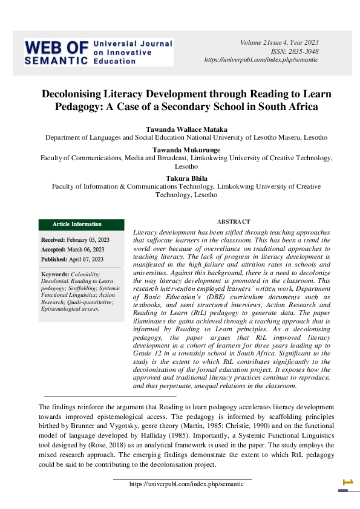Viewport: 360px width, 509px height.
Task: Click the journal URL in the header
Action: pos(262,60)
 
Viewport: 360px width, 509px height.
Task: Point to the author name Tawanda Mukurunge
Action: pos(187,149)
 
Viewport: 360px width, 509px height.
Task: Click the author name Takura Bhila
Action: pos(186,178)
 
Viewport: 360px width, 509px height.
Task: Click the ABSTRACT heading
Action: pos(234,222)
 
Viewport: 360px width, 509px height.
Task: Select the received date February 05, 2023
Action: pos(85,240)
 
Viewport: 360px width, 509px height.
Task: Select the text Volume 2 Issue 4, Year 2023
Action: pos(279,42)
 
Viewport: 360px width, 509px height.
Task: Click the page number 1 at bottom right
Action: pos(347,482)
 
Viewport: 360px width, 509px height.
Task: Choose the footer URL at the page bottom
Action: pos(182,484)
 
